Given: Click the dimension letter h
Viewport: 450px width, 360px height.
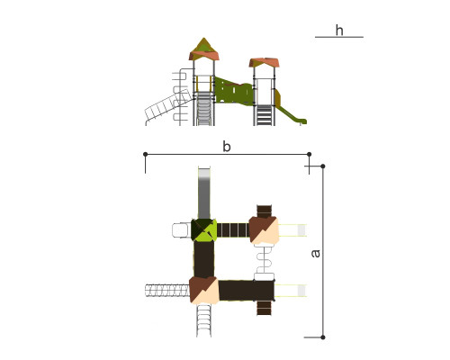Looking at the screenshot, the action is tap(339, 31).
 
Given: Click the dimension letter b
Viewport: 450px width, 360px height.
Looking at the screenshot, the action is tap(227, 147).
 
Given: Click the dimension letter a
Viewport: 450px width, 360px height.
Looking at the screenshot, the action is tap(316, 254).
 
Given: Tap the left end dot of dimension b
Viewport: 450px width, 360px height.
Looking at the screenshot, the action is tap(146, 154).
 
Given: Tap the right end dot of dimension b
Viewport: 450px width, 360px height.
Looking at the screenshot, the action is tap(310, 154).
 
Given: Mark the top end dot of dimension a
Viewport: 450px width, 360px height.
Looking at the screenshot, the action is tap(323, 166).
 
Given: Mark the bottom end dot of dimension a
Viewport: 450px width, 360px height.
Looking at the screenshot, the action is tap(323, 337).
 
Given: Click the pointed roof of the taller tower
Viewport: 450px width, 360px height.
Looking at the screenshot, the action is tap(204, 49).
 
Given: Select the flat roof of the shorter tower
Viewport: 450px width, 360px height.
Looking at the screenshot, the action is tap(264, 62).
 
